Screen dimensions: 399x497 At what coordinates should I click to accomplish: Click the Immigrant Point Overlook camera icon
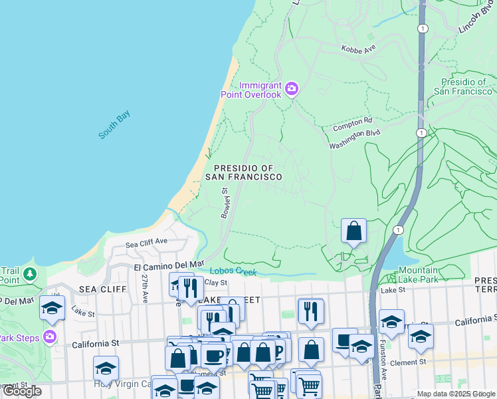point(291,88)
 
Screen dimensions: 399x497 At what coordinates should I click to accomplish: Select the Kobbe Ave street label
point(358,49)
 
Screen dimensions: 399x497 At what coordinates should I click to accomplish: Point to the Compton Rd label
point(353,122)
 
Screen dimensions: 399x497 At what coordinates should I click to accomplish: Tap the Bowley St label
point(225,202)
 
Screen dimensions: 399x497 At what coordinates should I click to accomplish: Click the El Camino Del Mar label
point(169,266)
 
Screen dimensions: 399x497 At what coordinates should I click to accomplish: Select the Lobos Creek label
point(233,271)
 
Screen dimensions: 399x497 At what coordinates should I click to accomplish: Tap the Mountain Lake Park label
point(427,275)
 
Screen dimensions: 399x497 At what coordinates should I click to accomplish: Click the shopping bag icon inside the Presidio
point(354,231)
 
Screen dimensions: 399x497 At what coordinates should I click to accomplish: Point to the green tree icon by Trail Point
point(29,274)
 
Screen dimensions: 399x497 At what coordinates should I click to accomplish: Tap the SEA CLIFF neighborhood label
point(98,289)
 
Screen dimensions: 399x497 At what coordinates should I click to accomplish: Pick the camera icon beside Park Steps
point(49,336)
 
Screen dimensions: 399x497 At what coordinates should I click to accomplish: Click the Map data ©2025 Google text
point(456,394)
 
